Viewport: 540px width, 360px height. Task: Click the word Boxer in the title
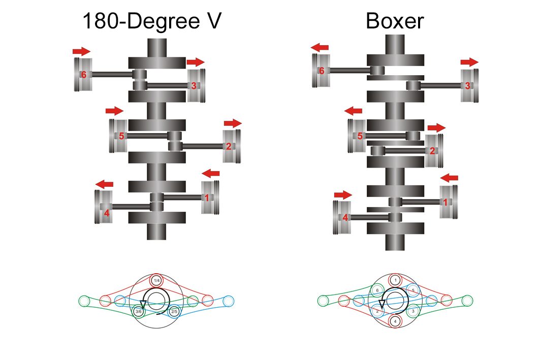coord(395,21)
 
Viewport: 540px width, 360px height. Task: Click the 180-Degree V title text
coord(152,21)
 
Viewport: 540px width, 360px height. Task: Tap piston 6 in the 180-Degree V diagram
coord(83,75)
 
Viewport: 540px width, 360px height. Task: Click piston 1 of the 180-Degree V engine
coord(210,198)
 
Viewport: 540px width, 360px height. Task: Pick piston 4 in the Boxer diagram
coord(342,217)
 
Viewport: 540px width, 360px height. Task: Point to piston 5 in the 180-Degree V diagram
coord(118,136)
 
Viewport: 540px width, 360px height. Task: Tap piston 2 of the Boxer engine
coord(434,151)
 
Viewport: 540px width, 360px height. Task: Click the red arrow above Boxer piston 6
coord(320,48)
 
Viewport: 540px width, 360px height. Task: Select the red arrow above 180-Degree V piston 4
coord(104,184)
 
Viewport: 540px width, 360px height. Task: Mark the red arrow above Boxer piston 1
coord(449,178)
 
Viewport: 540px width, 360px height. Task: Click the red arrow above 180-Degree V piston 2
coord(233,123)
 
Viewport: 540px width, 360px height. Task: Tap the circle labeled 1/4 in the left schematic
coord(156,280)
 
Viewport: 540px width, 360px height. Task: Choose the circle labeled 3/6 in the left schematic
coord(139,311)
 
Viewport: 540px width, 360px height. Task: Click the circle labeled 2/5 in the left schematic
coord(174,311)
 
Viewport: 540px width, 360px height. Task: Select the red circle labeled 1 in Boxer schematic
coord(395,280)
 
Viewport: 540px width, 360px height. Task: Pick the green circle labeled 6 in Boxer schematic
coord(377,290)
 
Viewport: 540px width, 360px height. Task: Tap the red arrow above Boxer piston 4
coord(343,195)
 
